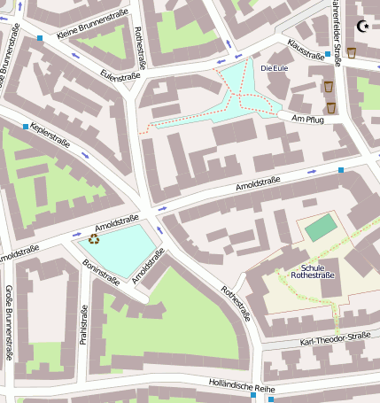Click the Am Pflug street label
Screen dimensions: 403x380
coord(308,119)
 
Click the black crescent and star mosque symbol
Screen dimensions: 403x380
coord(361,27)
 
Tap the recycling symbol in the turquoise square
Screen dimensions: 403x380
coord(93,237)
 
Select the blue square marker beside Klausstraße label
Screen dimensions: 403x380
coord(328,54)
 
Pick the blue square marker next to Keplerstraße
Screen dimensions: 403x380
coord(26,127)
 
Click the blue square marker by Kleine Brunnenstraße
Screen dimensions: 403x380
coord(40,38)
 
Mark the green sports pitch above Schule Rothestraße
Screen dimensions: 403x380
coord(321,228)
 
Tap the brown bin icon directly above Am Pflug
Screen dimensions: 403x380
coord(331,107)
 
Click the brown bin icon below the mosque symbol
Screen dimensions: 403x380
coord(352,52)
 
